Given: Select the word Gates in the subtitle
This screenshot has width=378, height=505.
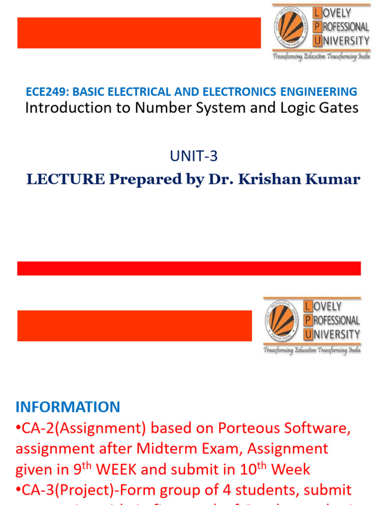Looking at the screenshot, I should point(339,108).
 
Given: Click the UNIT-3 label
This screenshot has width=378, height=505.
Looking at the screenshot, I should point(193,156).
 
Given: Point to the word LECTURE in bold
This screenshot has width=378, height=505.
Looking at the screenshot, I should point(65,180).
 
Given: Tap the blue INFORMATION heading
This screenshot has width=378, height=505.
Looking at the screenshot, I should point(68,407).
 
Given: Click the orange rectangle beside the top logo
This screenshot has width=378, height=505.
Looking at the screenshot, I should point(139,33).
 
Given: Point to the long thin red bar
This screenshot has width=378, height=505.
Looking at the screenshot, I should point(189,268).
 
